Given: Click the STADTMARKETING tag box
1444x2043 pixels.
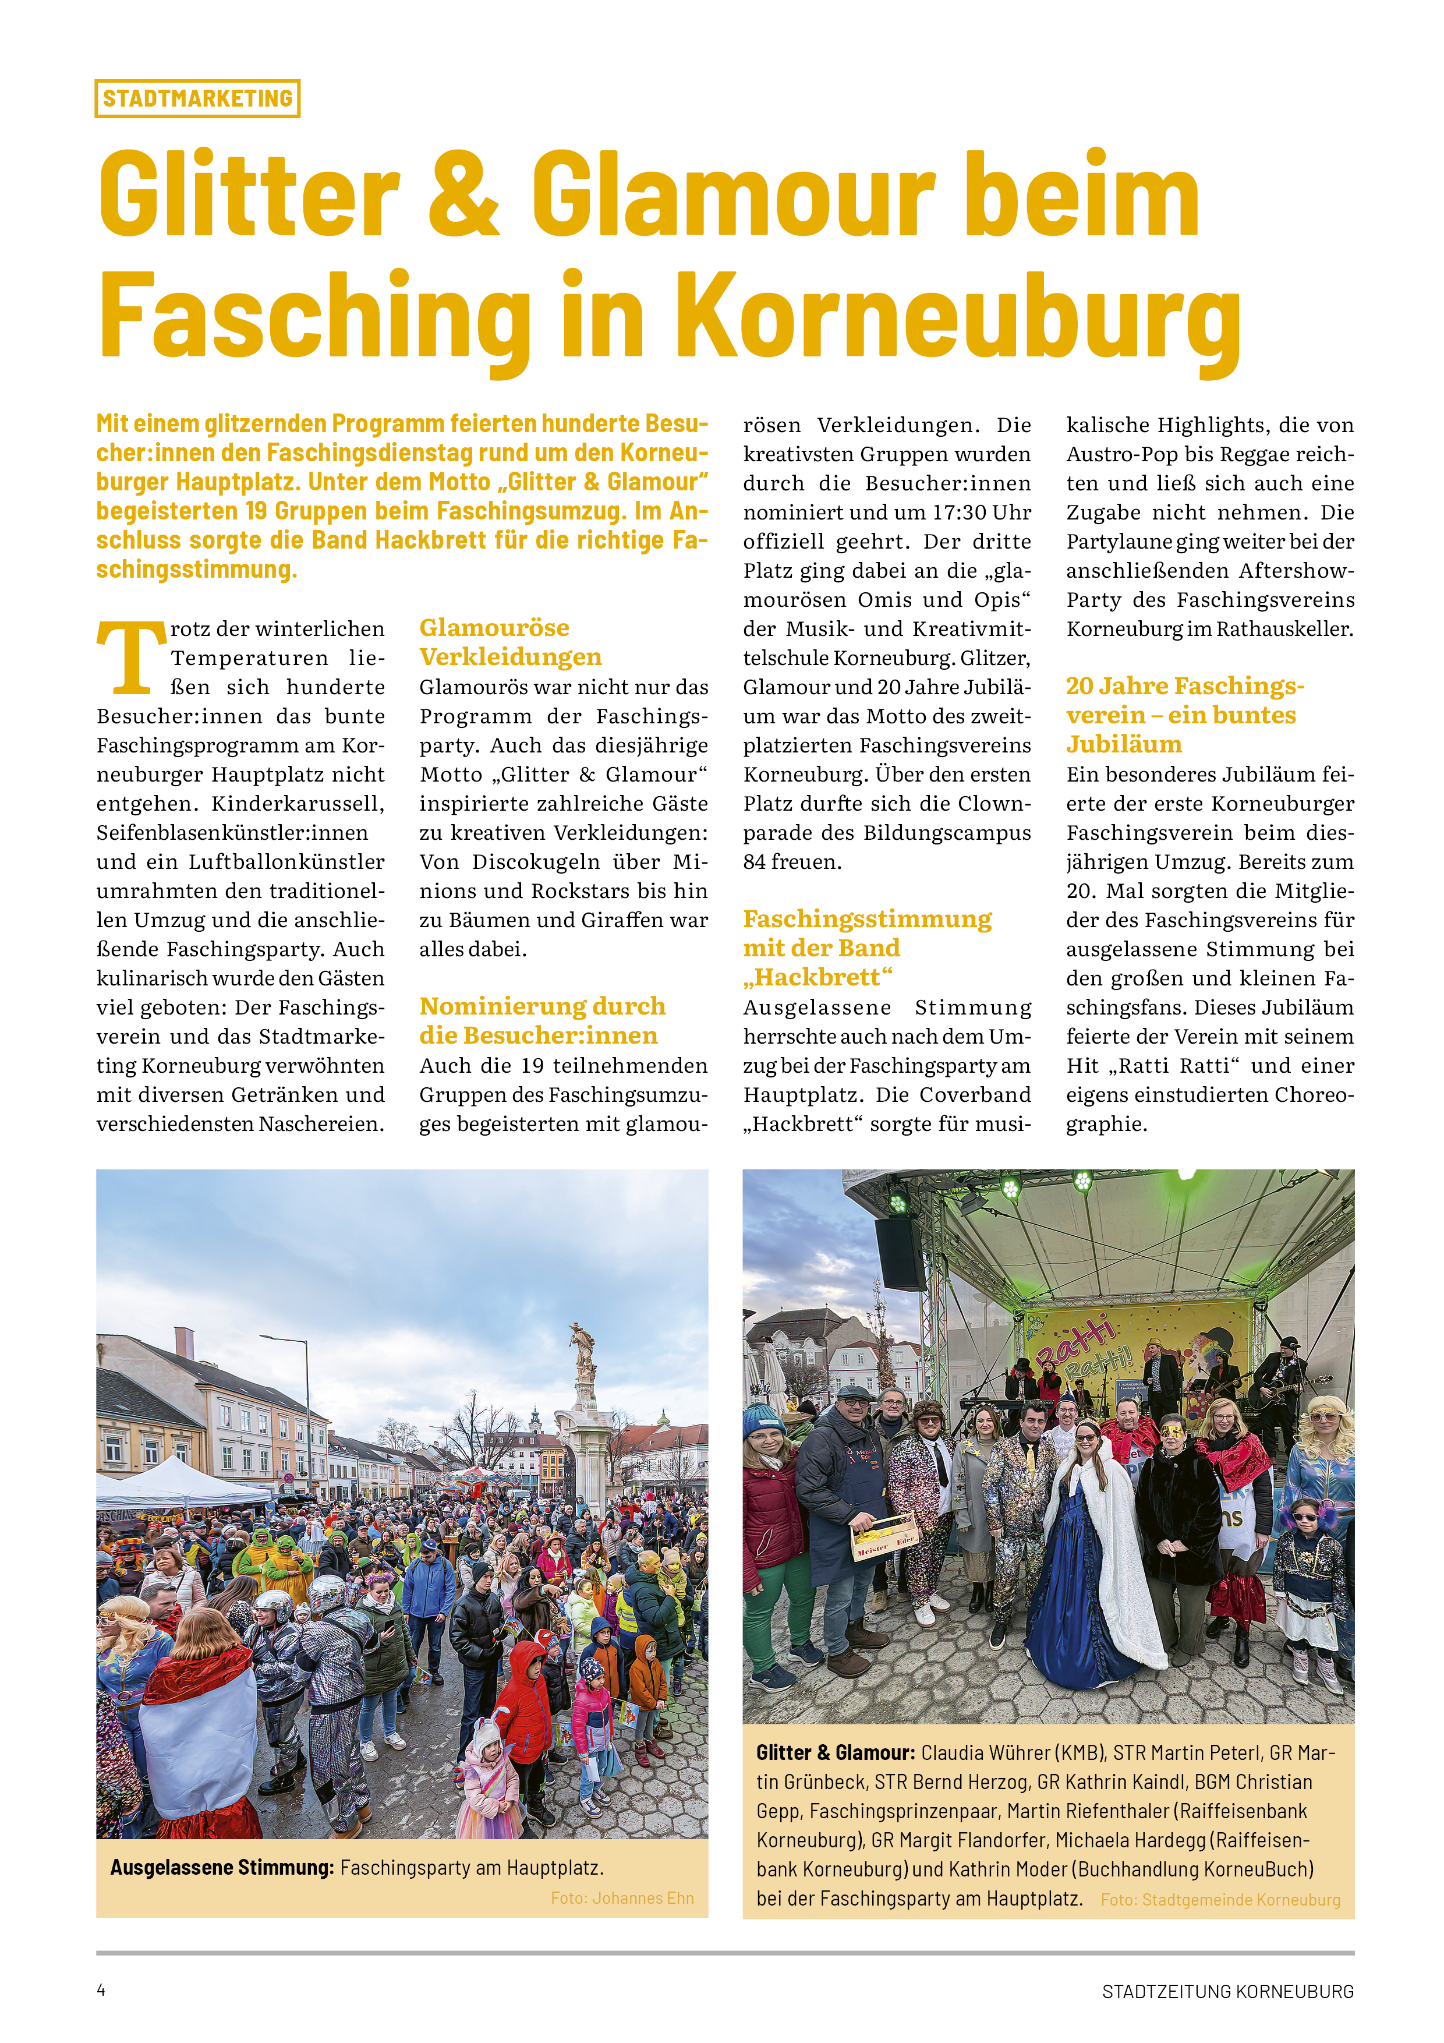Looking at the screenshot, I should pos(197,99).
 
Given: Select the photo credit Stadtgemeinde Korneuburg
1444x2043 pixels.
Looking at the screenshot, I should pos(1220,1900).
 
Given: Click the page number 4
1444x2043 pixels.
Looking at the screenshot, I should pos(101,1991).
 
